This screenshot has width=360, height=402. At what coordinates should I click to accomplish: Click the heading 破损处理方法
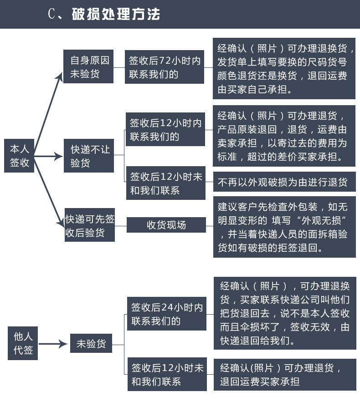click(x=116, y=14)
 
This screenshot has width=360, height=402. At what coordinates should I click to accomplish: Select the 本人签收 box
click(x=20, y=155)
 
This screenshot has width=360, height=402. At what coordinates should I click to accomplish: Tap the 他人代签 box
click(x=23, y=344)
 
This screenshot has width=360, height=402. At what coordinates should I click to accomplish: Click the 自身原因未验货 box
click(x=88, y=67)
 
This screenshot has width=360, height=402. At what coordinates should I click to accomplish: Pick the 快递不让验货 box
click(x=89, y=156)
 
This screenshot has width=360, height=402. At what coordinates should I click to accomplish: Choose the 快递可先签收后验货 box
click(x=90, y=225)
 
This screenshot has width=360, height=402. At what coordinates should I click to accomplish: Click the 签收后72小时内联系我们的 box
click(x=165, y=67)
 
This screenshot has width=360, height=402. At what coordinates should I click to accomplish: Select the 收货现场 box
click(x=166, y=225)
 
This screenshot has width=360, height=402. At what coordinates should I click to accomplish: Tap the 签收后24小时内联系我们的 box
click(x=166, y=314)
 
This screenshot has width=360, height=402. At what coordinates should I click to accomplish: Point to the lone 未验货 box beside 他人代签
click(x=91, y=344)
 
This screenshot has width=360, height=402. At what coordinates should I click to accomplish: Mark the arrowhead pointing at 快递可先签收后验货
click(x=61, y=222)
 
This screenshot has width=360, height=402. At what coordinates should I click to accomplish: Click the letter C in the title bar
click(x=51, y=14)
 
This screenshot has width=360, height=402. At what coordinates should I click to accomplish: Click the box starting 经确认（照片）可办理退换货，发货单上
click(x=284, y=69)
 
